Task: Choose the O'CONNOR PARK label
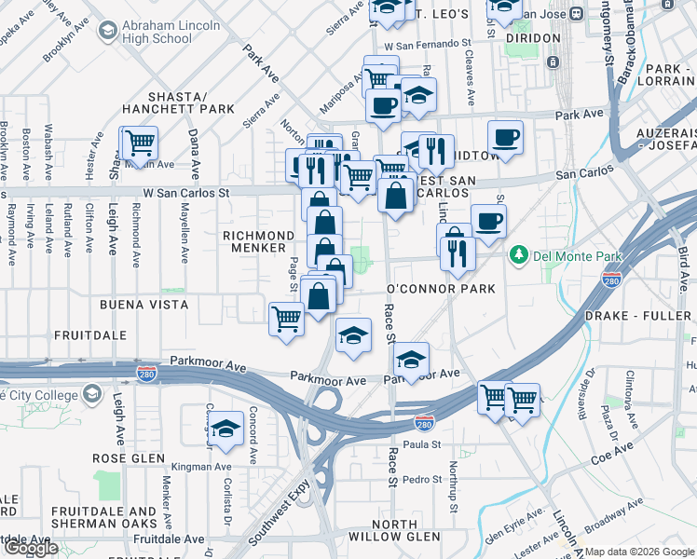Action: (x=441, y=289)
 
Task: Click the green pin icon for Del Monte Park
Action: (x=517, y=253)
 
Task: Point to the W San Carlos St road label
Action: (x=185, y=193)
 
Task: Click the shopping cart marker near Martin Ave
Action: (x=139, y=143)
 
